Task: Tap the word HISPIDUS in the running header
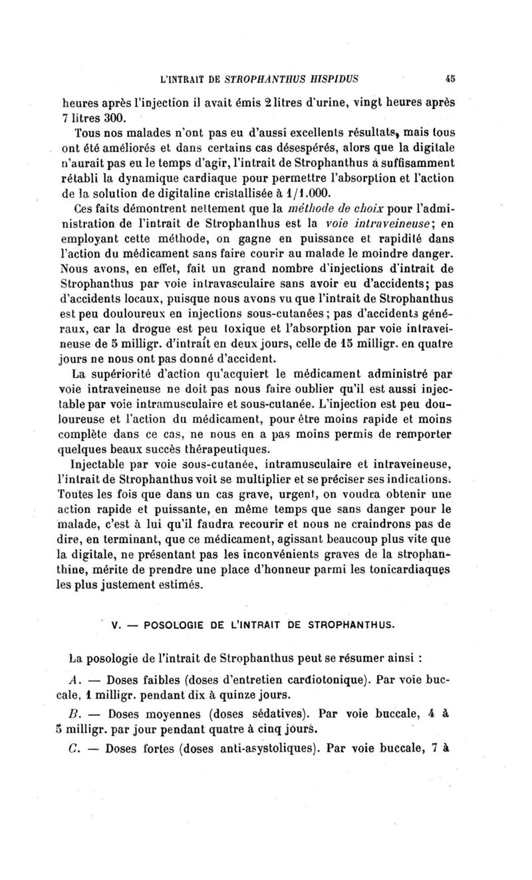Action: tap(329, 77)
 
